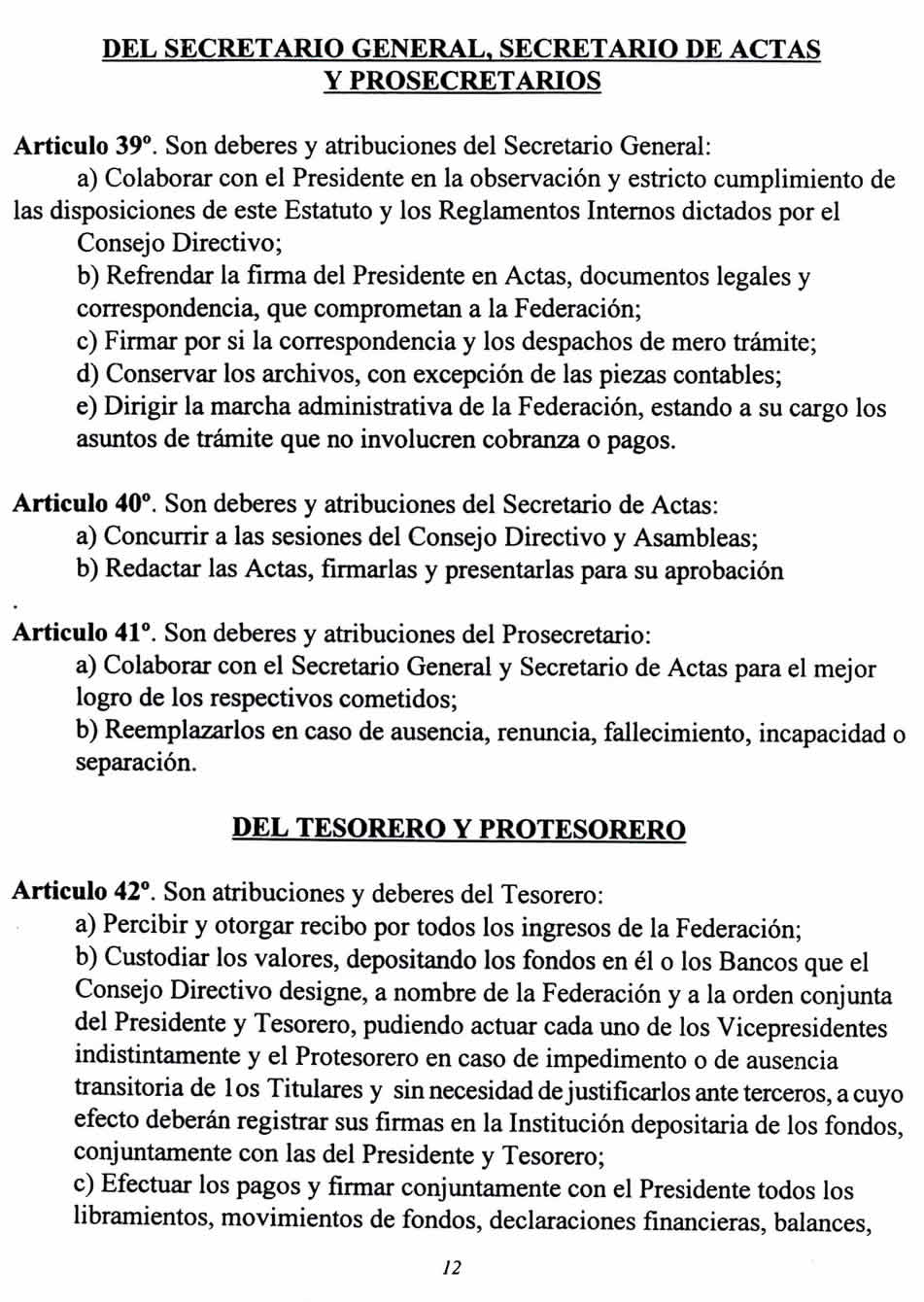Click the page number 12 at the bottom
tap(451, 1267)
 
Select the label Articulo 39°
tap(85, 147)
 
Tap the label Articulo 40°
tap(85, 504)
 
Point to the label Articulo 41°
tap(85, 634)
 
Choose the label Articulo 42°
tap(84, 892)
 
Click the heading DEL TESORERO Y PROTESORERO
tap(459, 829)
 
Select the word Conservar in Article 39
tap(158, 374)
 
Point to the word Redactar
tap(152, 569)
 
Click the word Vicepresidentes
tap(788, 1027)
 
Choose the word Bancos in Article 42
tap(754, 962)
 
